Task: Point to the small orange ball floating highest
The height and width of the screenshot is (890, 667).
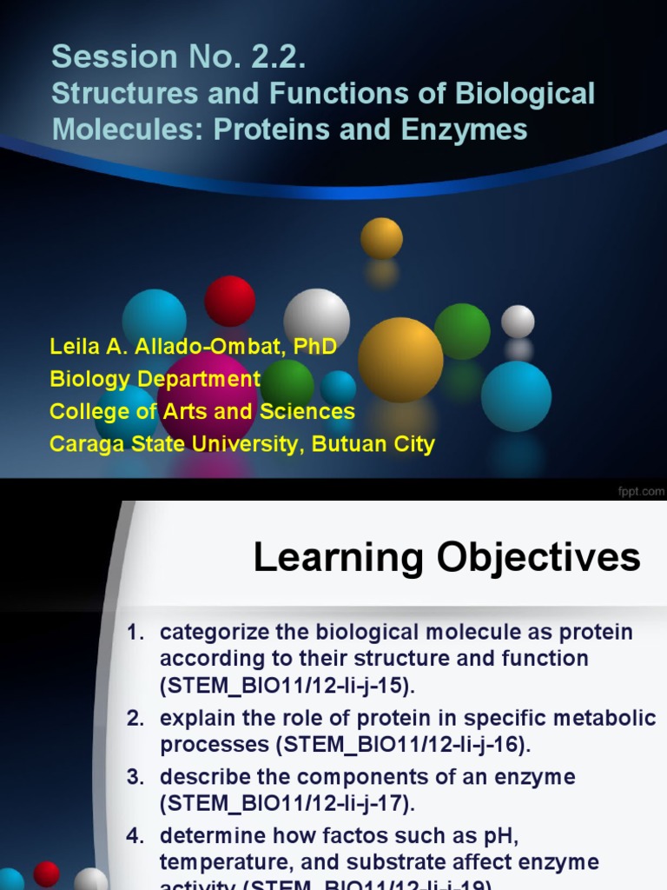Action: coord(381,237)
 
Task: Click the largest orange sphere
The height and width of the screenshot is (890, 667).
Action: coord(400,359)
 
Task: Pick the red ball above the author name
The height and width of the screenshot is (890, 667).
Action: coord(229,301)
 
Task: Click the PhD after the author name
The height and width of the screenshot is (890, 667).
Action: coord(314,348)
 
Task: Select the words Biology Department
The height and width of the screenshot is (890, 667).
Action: coord(155,379)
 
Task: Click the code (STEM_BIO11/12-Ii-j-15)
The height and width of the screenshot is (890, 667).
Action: coord(287,686)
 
